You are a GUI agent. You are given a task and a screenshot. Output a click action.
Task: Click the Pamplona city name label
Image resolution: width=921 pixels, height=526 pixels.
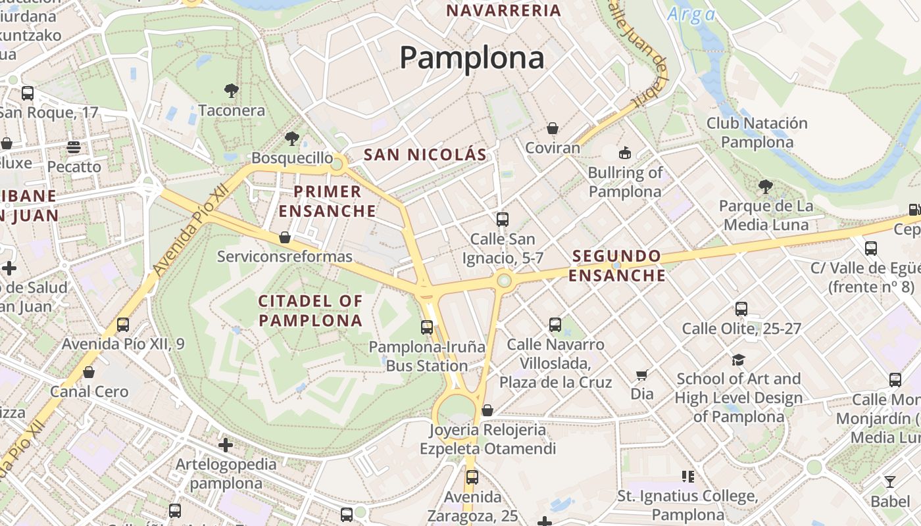point(472,58)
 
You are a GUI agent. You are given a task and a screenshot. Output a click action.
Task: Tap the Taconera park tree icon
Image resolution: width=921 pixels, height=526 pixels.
point(231,90)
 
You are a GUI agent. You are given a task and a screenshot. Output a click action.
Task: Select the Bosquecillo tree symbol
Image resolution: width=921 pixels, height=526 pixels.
point(291,138)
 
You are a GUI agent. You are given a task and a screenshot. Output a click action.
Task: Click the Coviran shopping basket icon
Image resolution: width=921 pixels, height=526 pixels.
point(553,128)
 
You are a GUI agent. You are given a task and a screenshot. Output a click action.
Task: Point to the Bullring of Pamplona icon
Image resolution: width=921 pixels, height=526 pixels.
point(624,153)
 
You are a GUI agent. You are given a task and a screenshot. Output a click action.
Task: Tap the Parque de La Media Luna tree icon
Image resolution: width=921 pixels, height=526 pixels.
point(765,186)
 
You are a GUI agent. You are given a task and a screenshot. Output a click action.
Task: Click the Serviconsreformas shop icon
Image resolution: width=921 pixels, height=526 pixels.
point(285,237)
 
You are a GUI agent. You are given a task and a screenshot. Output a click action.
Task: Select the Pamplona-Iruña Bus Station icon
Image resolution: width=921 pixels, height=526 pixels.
point(427,327)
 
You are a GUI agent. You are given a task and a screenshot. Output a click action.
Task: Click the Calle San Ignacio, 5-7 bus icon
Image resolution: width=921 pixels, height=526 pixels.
point(503,219)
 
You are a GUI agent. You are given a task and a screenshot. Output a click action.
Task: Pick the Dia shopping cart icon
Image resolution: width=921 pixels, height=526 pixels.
point(642,375)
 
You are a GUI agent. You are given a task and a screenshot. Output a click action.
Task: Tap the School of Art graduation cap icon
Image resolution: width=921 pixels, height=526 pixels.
point(738,360)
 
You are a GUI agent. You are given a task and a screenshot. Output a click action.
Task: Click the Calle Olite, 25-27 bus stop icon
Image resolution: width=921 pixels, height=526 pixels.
point(741,308)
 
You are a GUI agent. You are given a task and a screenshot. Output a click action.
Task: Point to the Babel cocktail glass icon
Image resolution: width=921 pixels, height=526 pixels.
point(890,482)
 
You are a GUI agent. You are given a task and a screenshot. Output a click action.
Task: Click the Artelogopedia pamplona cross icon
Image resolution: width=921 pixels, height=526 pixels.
point(226,445)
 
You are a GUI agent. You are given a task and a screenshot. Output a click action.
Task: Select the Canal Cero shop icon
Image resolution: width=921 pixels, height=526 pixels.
point(89,372)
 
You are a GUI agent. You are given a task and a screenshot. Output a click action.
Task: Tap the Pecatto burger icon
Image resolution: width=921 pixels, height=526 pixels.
point(73,147)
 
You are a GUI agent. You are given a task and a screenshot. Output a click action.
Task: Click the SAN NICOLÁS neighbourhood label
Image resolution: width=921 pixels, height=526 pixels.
point(425,155)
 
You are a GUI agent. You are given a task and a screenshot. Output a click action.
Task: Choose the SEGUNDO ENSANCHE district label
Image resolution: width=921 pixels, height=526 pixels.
point(616,266)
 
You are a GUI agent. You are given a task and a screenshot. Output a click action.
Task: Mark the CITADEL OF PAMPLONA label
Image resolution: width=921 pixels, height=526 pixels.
point(311,310)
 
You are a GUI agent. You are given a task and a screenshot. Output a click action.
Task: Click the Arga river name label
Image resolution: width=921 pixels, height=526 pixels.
point(691,14)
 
